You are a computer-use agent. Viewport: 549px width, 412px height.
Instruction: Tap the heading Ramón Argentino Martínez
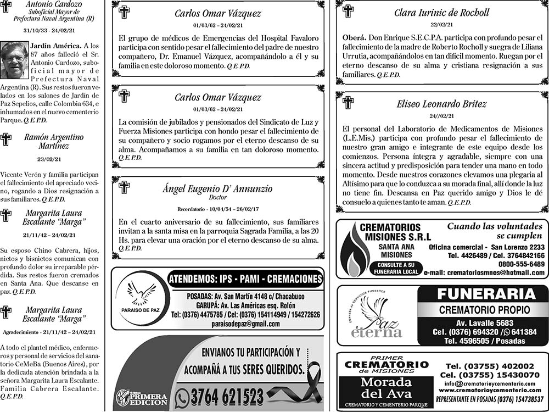point(54,142)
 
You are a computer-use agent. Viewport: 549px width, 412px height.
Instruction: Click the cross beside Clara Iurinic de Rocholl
point(348,11)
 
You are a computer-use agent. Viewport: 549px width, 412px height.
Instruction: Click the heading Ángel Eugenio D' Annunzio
point(217,189)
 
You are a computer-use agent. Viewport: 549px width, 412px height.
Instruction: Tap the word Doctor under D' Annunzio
point(218,197)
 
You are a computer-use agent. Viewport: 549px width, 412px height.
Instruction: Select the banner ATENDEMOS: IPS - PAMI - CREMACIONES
point(245,279)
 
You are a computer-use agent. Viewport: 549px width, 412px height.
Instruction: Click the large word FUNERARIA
point(483,294)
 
